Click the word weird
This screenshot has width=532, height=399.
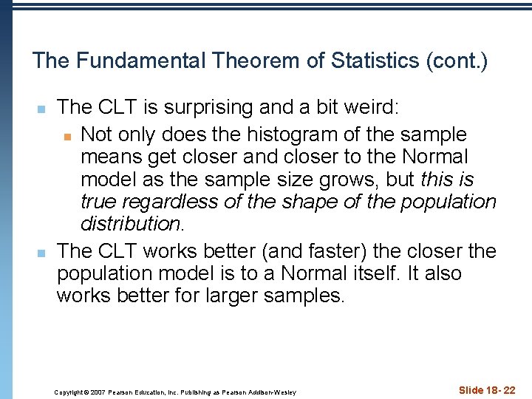click(x=372, y=108)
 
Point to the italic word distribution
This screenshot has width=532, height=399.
click(x=130, y=223)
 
